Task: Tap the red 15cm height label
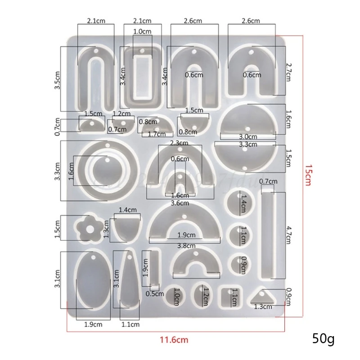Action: (307, 176)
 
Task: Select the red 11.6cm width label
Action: (176, 340)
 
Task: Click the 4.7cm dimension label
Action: (289, 234)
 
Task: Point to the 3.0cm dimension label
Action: (248, 136)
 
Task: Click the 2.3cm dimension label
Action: (179, 143)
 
